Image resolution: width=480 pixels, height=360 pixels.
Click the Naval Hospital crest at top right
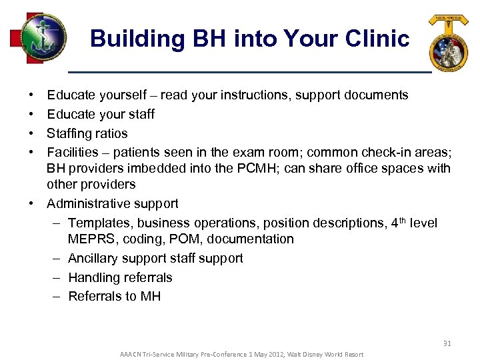click(448, 43)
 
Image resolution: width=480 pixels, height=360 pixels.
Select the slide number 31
click(447, 343)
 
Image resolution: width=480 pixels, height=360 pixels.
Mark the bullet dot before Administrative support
click(32, 203)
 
